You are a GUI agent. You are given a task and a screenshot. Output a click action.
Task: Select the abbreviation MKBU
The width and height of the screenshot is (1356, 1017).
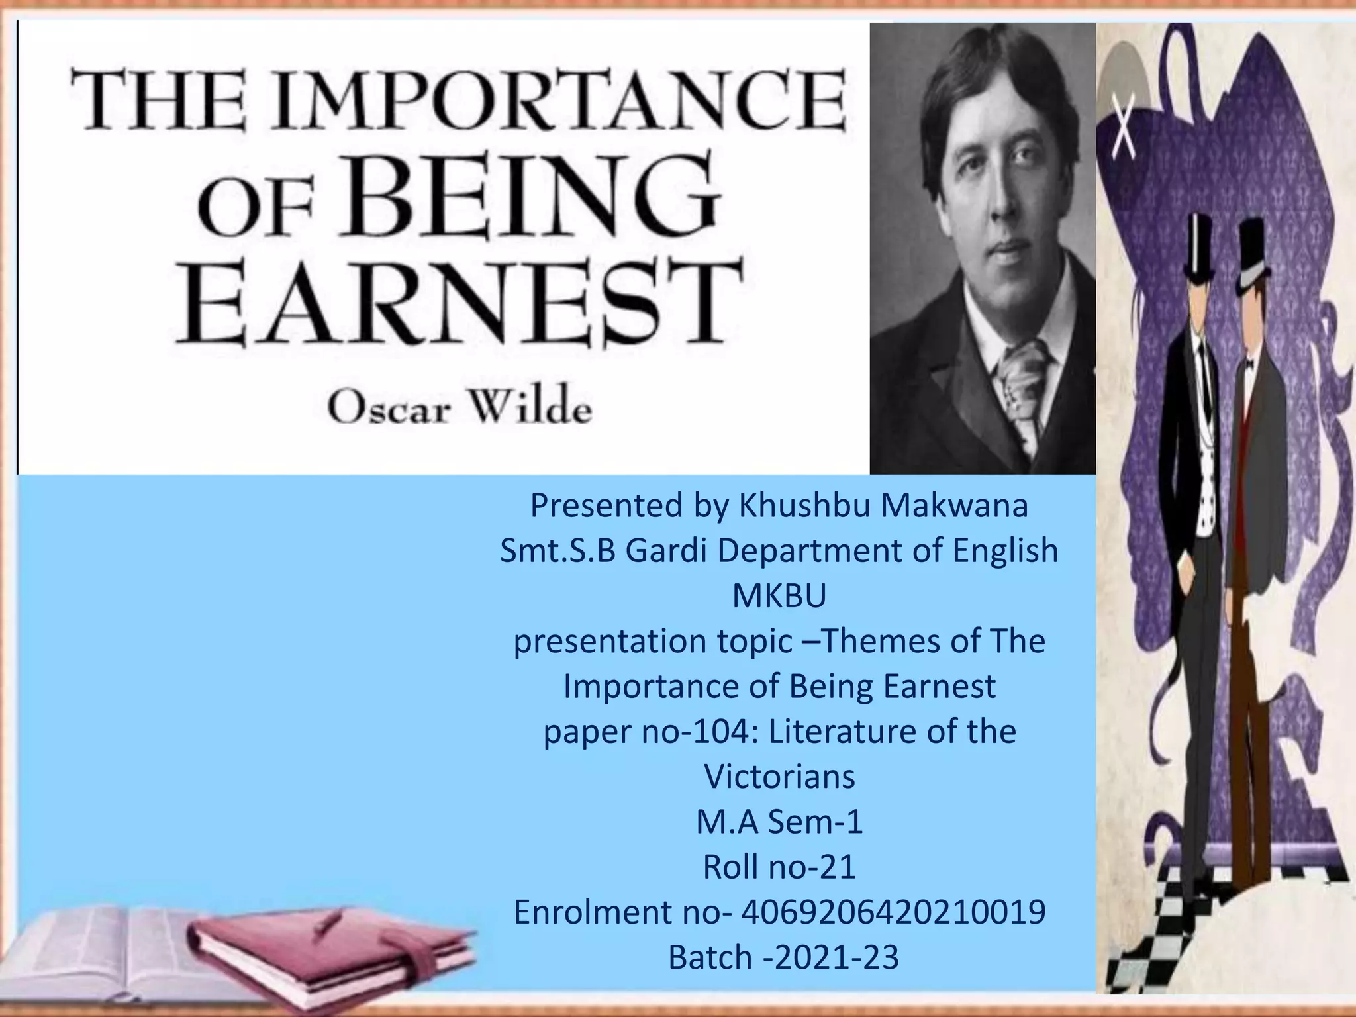click(x=779, y=596)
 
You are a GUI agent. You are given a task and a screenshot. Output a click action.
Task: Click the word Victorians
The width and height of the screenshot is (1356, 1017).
click(x=779, y=777)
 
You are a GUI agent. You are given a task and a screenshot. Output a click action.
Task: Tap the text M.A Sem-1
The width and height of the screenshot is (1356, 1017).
click(x=779, y=822)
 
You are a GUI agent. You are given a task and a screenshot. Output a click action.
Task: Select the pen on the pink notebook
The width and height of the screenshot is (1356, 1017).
click(x=329, y=920)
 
